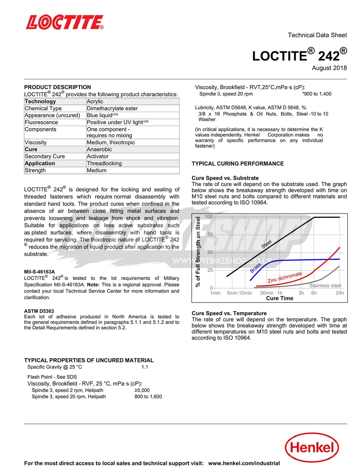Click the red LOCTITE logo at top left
(65, 22)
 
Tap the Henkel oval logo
(312, 447)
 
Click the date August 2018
(329, 68)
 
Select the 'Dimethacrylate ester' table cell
(112, 108)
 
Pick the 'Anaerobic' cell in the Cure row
(99, 149)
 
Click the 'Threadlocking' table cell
(104, 163)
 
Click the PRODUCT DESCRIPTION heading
(57, 87)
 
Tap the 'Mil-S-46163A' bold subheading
(39, 272)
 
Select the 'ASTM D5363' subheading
(39, 311)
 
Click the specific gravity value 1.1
(145, 367)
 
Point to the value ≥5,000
(142, 390)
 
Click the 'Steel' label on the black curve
(267, 244)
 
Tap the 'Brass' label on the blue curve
(255, 268)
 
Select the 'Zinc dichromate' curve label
(285, 277)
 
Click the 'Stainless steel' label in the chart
(325, 286)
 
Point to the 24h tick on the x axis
(340, 293)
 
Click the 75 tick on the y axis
(210, 235)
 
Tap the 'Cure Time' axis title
(279, 298)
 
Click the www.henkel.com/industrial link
(244, 463)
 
